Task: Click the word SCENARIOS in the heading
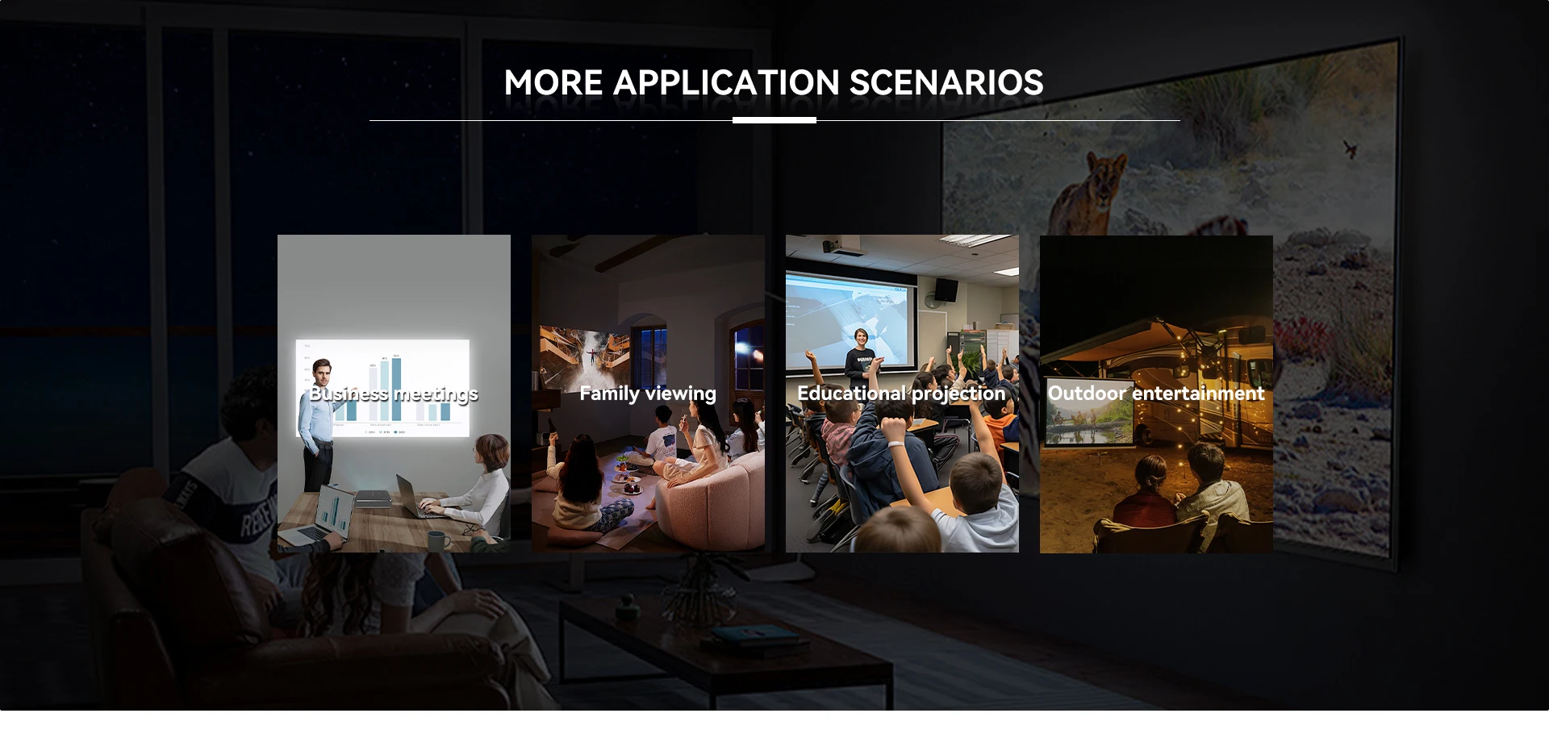coord(946,83)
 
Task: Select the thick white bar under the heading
coord(774,120)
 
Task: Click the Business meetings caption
coord(394,394)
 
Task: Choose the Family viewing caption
coord(648,394)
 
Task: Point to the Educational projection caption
coord(902,394)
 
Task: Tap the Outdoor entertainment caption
coord(1156,394)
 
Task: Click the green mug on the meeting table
coord(437,540)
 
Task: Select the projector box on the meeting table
coord(374,498)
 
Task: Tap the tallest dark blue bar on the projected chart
coord(396,388)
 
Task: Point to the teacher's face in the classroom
coord(861,338)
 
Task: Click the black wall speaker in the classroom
coord(946,289)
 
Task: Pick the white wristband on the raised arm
coord(895,444)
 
